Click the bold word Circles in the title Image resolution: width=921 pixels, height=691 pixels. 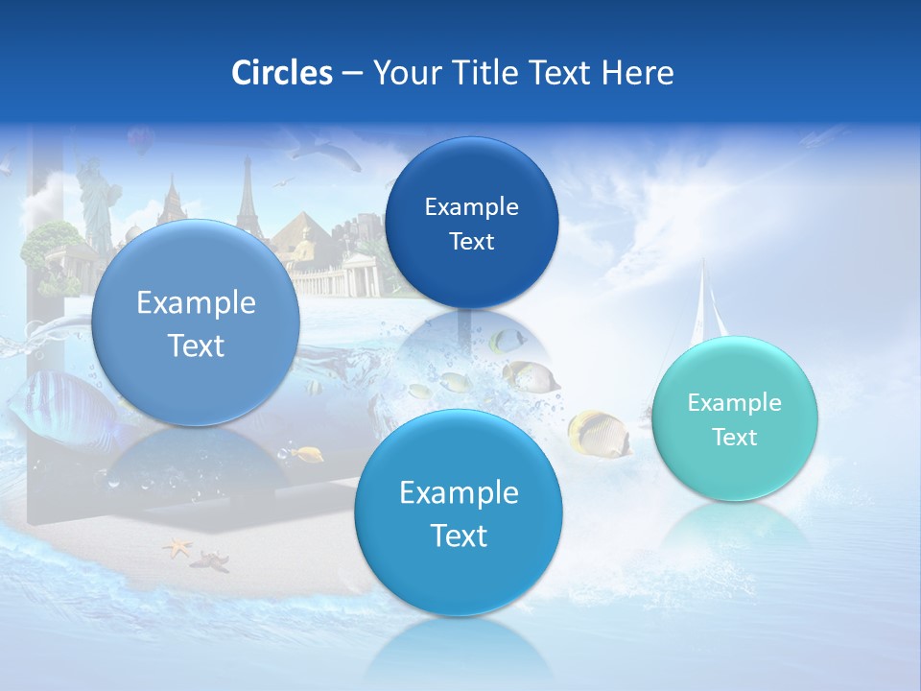(281, 73)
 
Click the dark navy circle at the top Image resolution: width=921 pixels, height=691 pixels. (471, 223)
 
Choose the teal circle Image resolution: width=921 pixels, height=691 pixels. (734, 419)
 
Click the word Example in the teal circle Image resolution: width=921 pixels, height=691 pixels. (734, 403)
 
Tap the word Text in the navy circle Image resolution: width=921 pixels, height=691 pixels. (471, 242)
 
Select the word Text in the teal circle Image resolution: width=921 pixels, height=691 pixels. (735, 438)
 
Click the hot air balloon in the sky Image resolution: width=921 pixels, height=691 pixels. (140, 142)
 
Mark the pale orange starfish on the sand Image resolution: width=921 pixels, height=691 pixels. (177, 548)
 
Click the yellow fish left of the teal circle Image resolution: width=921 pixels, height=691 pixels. (597, 433)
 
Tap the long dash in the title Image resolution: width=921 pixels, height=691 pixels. (352, 74)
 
